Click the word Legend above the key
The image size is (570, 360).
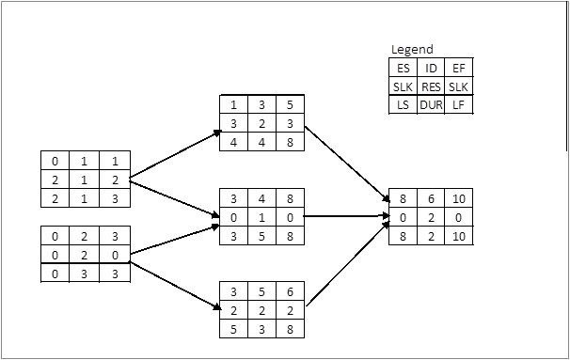click(412, 49)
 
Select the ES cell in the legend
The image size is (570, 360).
click(403, 68)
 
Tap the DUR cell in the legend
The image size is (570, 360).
click(431, 104)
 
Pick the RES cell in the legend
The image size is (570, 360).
click(431, 86)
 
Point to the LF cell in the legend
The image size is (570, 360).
click(459, 104)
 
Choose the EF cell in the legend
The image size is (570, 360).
click(459, 68)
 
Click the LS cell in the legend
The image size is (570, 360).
click(403, 104)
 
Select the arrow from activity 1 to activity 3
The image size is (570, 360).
click(174, 154)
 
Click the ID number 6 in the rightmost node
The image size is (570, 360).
click(431, 198)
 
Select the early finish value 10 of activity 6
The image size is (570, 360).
click(459, 198)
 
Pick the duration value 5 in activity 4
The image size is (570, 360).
click(261, 235)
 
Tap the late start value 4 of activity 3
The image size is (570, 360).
click(234, 141)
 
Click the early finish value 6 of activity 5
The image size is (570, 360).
click(290, 291)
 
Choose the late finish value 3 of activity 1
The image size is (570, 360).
click(116, 197)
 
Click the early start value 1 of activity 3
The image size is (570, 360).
click(234, 104)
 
